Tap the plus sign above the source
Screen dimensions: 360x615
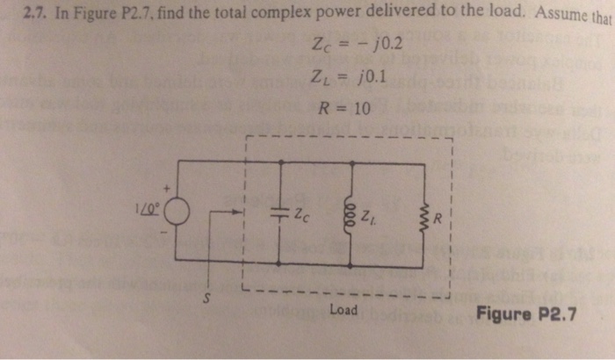[x=163, y=186]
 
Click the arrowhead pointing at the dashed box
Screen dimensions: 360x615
[x=235, y=212]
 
